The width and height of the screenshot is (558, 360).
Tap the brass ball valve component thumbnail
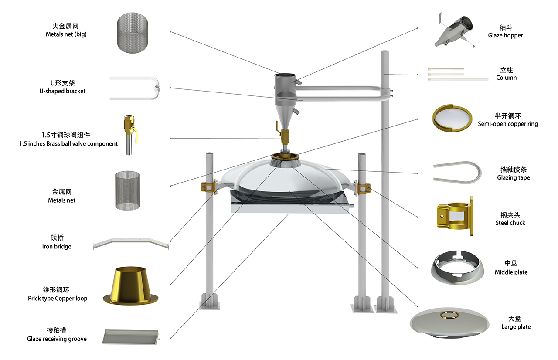129,135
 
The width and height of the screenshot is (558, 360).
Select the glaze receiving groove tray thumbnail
129,337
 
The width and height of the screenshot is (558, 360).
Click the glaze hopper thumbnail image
453,30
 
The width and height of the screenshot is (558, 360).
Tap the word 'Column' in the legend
506,78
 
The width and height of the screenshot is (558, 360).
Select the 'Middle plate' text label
511,272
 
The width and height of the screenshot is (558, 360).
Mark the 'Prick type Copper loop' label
58,299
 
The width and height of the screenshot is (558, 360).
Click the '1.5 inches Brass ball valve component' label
68,143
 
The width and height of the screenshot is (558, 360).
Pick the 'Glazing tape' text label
514,177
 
